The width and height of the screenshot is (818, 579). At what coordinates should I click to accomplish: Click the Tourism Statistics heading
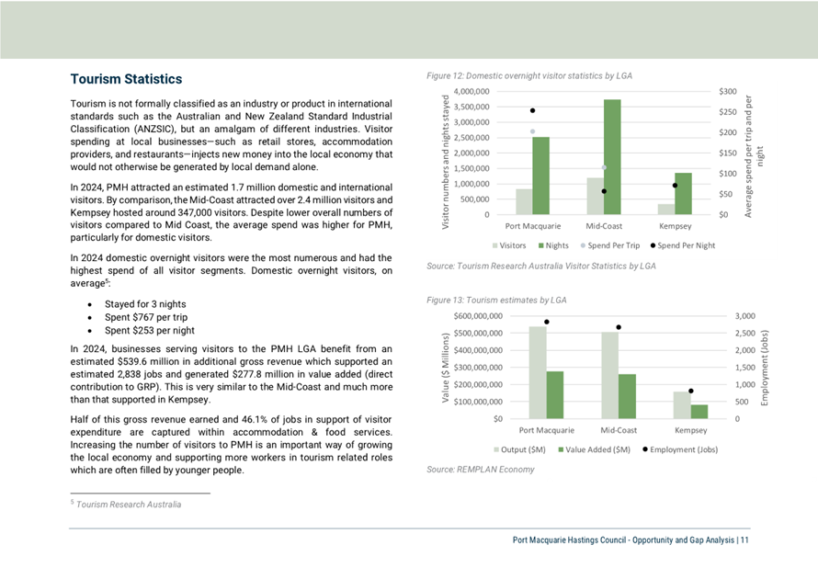pyautogui.click(x=126, y=79)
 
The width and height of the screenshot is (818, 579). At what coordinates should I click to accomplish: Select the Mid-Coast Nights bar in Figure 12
pyautogui.click(x=612, y=157)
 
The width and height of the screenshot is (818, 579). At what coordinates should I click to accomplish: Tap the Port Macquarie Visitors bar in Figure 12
pyautogui.click(x=524, y=202)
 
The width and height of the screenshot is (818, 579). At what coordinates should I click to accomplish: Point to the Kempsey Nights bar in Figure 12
pyautogui.click(x=684, y=194)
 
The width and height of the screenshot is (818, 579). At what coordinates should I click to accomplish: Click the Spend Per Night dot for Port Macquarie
pyautogui.click(x=533, y=110)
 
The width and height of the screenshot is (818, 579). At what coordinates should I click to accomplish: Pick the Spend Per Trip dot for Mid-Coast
pyautogui.click(x=604, y=167)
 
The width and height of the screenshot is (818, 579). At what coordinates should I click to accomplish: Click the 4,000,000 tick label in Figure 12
pyautogui.click(x=471, y=91)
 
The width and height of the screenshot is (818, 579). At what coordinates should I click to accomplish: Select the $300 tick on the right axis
pyautogui.click(x=728, y=91)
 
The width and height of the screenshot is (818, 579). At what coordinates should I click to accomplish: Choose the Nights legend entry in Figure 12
pyautogui.click(x=553, y=245)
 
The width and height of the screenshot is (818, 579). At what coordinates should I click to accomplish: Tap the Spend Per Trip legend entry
pyautogui.click(x=610, y=245)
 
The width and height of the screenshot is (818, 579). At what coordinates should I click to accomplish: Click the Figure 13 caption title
pyautogui.click(x=496, y=300)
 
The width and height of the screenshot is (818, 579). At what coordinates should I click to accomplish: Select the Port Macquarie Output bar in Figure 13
pyautogui.click(x=538, y=372)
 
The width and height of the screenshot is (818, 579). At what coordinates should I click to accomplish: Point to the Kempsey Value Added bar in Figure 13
pyautogui.click(x=699, y=412)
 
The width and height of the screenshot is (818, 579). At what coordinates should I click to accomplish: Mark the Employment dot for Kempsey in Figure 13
pyautogui.click(x=691, y=391)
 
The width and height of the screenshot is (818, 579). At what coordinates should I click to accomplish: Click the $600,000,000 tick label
pyautogui.click(x=478, y=316)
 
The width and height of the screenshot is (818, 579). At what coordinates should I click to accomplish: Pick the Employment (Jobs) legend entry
pyautogui.click(x=680, y=449)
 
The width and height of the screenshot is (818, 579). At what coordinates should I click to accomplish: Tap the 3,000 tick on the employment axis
pyautogui.click(x=745, y=316)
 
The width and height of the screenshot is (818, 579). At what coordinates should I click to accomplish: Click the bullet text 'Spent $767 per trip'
pyautogui.click(x=146, y=317)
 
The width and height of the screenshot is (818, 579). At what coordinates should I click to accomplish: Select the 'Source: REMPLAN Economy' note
pyautogui.click(x=481, y=470)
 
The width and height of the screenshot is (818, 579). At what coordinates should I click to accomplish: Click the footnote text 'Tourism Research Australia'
pyautogui.click(x=129, y=505)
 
